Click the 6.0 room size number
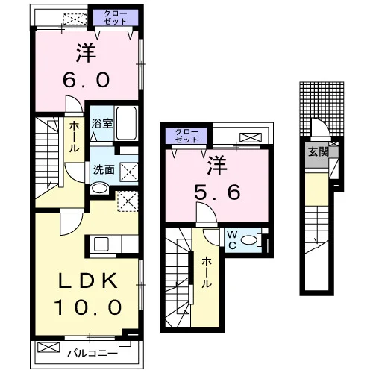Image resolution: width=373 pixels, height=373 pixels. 86,80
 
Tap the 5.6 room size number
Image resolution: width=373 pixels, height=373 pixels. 217,192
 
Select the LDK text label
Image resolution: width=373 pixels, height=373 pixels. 88,280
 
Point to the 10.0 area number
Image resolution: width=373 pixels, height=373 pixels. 88,307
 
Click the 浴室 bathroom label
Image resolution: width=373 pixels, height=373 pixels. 102,123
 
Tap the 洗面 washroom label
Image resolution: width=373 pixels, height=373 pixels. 104,169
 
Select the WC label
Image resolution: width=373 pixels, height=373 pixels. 232,239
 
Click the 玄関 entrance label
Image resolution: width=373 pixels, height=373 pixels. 319,151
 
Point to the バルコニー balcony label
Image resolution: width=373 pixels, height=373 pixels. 93,353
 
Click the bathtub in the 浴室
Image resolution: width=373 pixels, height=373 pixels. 126,123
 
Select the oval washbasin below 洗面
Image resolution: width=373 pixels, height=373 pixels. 99,189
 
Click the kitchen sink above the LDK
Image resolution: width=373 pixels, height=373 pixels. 101,244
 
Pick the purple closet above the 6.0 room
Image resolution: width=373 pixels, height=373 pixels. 116,17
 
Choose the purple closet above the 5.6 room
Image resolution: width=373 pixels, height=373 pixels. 186,136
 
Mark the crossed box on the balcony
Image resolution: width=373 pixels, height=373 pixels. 48,347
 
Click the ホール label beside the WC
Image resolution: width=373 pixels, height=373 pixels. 207,272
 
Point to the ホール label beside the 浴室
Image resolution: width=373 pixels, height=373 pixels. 74,137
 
